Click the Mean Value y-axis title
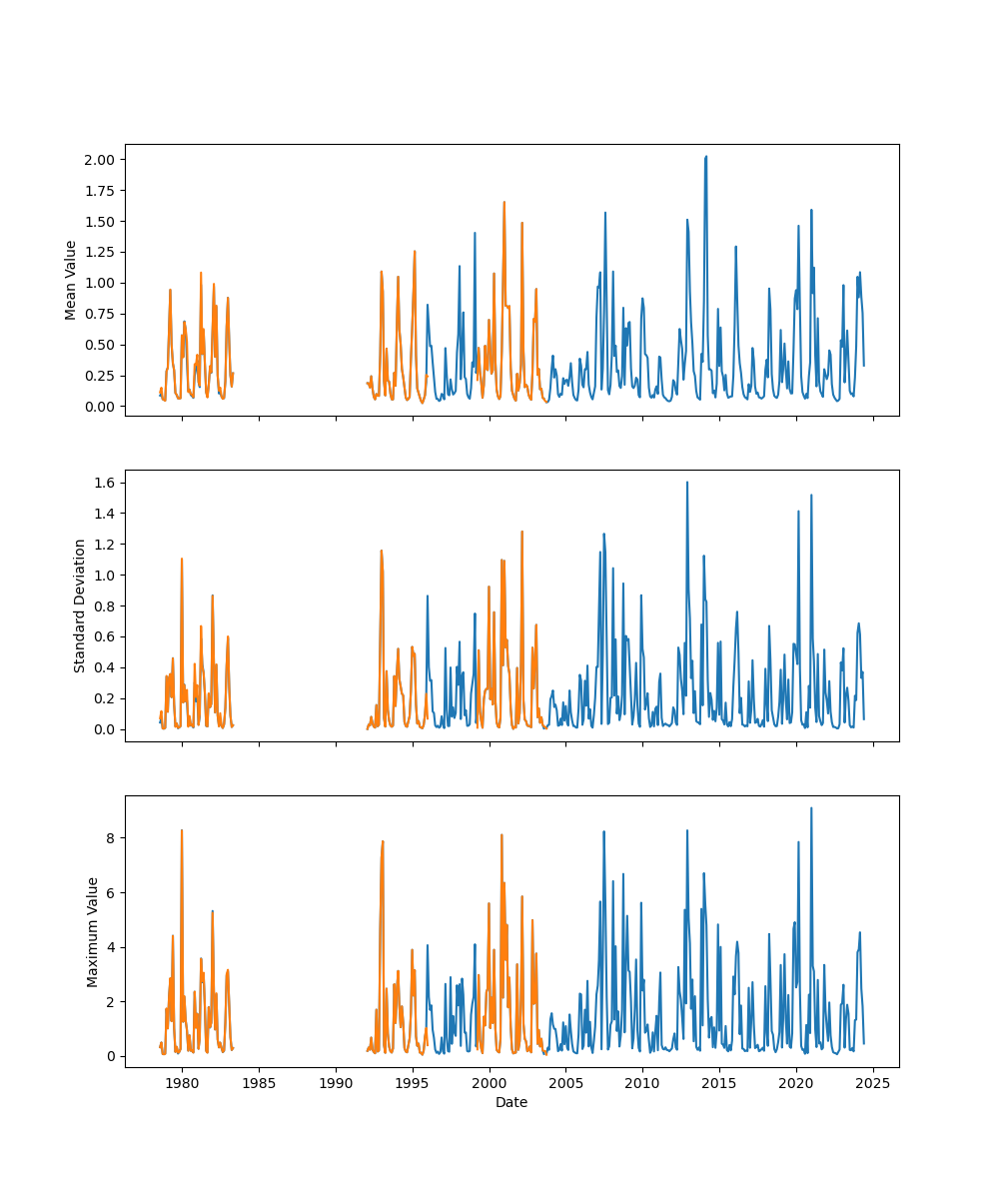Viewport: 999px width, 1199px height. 71,280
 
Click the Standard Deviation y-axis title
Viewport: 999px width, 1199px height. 79,605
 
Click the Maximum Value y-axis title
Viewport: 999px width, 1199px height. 93,932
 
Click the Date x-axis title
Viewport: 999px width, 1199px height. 511,1103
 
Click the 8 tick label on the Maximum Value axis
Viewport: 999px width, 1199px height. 112,837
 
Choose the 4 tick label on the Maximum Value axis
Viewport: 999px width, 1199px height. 112,947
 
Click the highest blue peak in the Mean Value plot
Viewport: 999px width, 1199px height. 705,157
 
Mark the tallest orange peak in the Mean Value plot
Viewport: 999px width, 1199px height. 504,202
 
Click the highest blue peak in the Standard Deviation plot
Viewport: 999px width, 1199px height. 687,483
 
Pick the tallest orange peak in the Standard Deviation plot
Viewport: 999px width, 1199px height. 521,532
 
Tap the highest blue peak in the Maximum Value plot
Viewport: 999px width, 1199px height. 811,808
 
